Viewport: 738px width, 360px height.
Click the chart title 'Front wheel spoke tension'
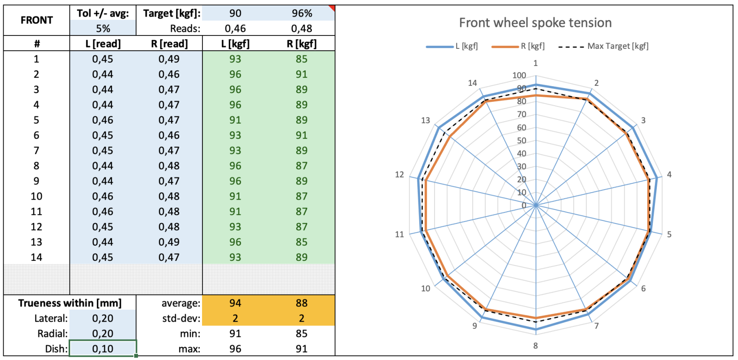535,23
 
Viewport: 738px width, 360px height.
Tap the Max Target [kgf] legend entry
603,46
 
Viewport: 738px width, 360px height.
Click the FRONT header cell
36,20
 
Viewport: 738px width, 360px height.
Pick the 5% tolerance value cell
103,29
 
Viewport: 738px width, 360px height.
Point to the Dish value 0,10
103,349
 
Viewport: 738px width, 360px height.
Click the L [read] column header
103,44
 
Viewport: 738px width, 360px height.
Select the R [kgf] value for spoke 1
302,59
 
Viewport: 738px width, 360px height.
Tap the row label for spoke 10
36,196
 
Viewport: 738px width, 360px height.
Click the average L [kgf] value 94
235,303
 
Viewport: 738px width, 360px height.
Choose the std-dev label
181,319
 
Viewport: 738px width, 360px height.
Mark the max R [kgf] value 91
302,349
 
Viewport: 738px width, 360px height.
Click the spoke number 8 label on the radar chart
535,346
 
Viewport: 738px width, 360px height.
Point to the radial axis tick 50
521,141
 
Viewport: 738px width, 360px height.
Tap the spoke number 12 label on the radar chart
399,175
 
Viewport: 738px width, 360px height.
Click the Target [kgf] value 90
235,13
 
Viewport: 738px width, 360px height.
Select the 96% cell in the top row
302,13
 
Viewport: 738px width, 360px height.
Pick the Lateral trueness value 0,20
103,319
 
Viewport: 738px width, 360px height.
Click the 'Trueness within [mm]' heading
70,303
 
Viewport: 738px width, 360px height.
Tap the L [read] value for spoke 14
103,257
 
